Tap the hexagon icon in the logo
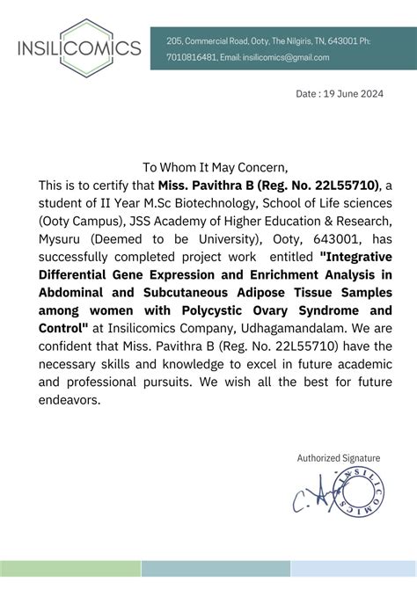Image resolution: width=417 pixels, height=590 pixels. (78, 44)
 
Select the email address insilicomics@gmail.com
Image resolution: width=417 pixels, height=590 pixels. (288, 58)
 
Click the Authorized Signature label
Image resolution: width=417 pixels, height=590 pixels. (339, 458)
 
